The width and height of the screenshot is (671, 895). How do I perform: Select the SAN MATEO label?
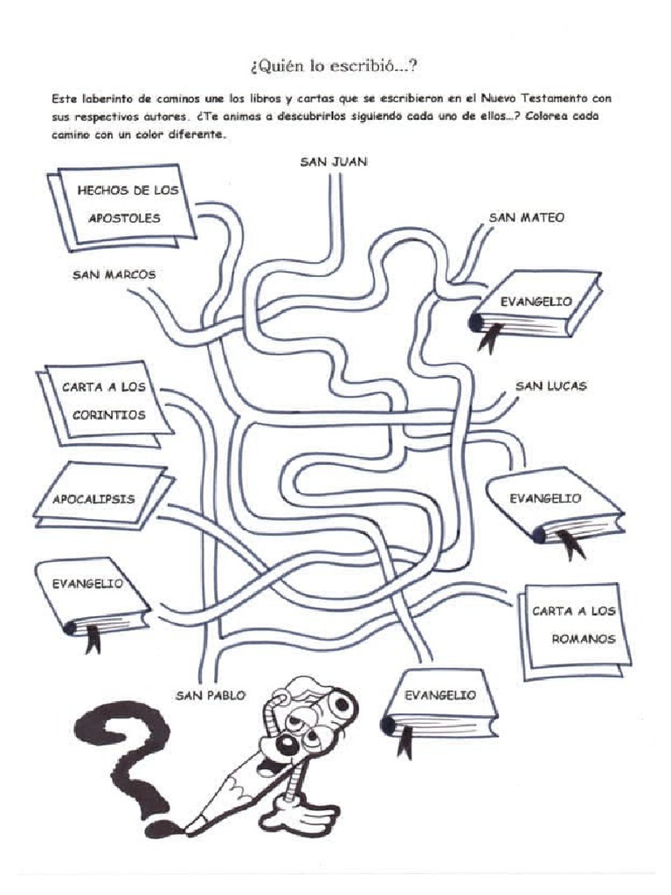pos(526,217)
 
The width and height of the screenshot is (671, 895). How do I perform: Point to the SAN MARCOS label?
pos(114,274)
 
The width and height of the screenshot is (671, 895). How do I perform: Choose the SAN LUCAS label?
pos(550,385)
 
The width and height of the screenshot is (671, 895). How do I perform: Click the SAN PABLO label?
pos(211,695)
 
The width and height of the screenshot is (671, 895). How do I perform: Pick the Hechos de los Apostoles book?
pos(122,205)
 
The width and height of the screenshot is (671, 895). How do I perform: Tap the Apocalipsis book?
pos(100,496)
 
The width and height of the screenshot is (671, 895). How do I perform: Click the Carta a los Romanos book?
pos(574,625)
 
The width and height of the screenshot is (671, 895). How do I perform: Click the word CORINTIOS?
pos(109,415)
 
